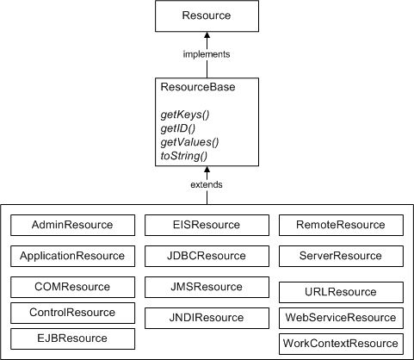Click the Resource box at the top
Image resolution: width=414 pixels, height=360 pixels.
click(207, 16)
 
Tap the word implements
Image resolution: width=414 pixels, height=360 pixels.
click(207, 54)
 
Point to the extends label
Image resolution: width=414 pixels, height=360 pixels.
click(207, 185)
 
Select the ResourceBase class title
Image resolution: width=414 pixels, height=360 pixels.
click(198, 87)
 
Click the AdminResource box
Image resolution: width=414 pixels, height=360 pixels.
click(72, 225)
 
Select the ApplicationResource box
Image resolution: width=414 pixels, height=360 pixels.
click(72, 256)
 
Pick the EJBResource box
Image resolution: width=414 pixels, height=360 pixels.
click(72, 338)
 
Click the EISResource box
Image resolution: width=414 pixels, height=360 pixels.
click(207, 225)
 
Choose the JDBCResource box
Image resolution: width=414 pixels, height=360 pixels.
click(207, 256)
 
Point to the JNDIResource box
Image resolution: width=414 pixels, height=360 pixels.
click(207, 317)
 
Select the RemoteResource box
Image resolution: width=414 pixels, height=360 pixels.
click(341, 225)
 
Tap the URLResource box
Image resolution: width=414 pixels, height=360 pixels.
click(341, 293)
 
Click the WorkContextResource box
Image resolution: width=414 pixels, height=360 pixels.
click(341, 344)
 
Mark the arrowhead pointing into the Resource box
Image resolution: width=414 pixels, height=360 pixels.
click(207, 35)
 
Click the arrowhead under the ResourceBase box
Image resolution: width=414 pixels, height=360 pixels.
click(207, 171)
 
